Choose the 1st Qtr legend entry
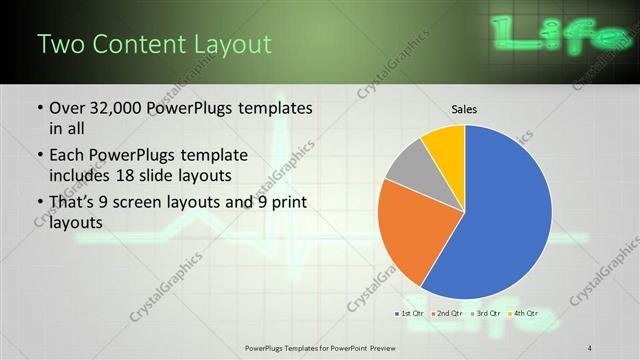pos(411,315)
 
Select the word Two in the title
pos(59,45)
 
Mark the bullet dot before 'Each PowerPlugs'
pos(38,157)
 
